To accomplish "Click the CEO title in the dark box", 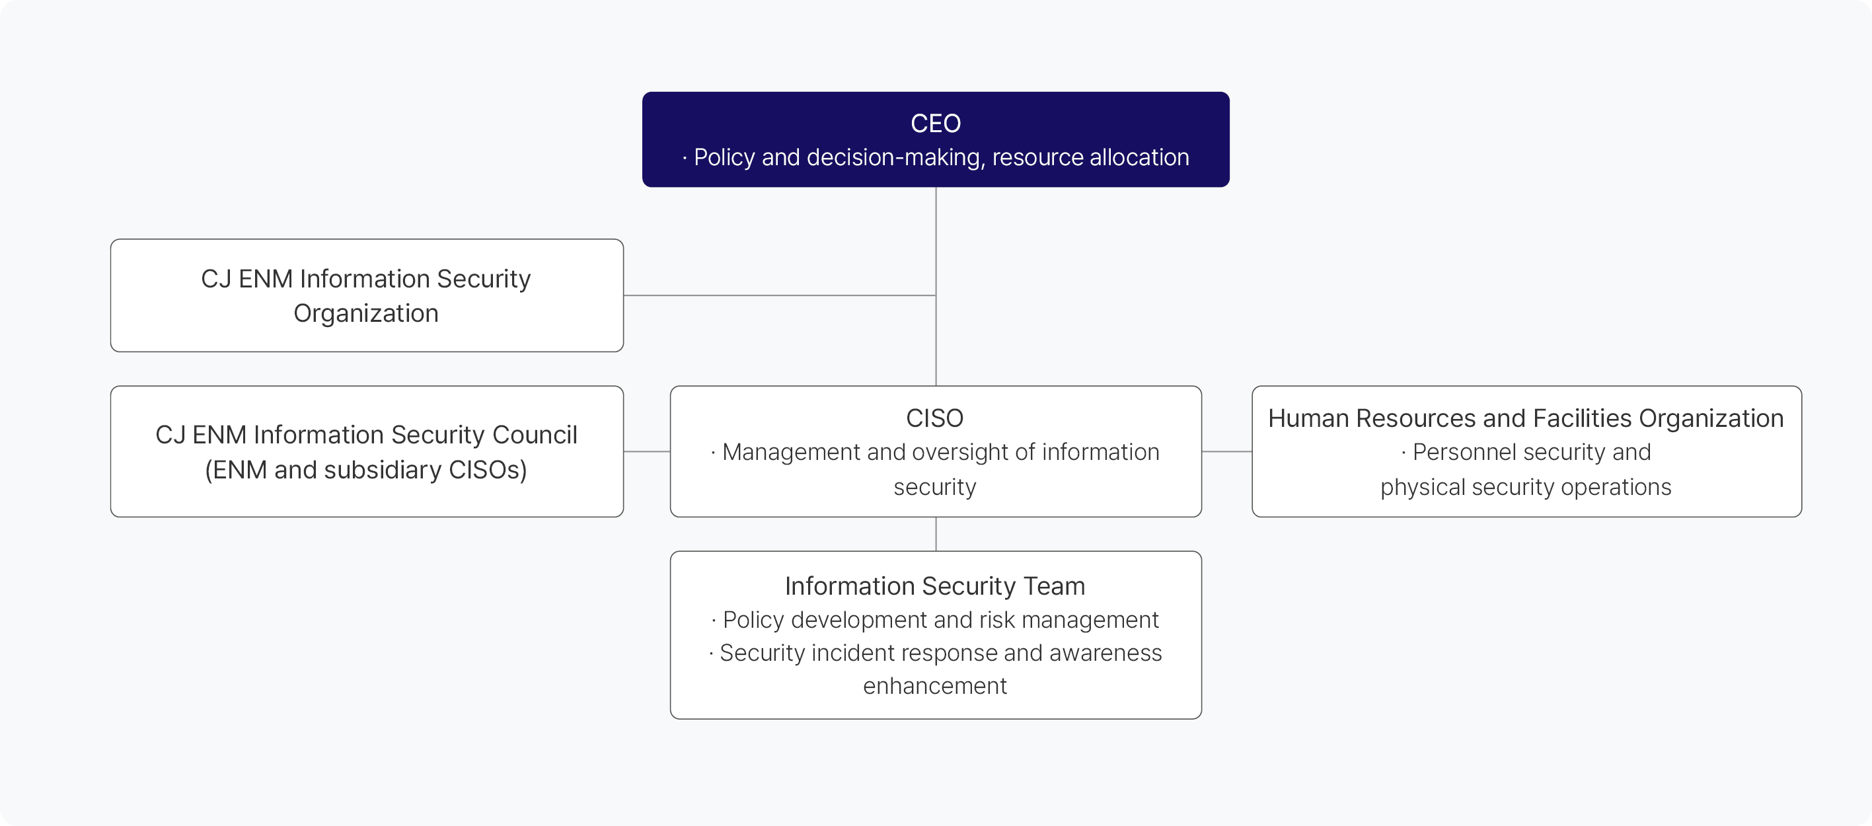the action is click(935, 124).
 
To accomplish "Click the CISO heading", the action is click(934, 418).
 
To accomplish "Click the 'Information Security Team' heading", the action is click(934, 585).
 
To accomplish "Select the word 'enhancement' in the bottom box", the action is click(934, 686).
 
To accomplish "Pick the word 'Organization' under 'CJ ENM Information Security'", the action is click(366, 313).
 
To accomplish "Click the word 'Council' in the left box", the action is click(535, 434).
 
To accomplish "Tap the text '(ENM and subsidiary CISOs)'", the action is click(366, 470).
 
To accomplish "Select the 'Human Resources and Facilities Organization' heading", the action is click(1526, 418).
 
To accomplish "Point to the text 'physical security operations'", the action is click(1526, 487).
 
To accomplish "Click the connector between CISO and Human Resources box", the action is click(1226, 452).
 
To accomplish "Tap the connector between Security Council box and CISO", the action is click(647, 452).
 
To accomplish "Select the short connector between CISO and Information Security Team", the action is click(936, 534).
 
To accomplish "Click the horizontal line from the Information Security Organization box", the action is click(780, 295).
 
